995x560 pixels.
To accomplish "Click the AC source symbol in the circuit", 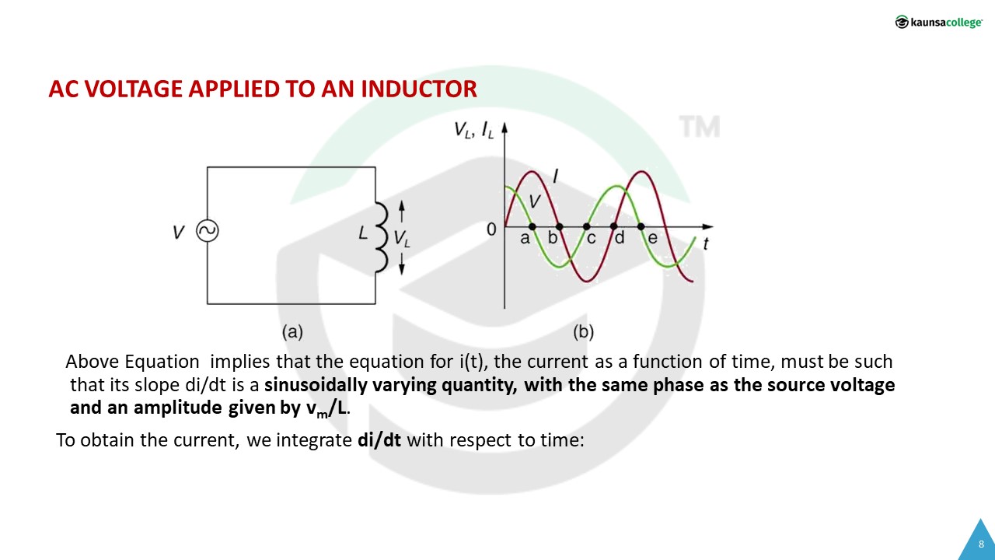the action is coord(208,231).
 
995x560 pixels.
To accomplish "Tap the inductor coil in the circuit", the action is coord(382,236).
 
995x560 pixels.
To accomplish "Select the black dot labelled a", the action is coord(532,226).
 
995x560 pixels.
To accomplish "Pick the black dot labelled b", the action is coord(559,226).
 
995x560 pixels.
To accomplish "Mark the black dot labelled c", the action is coord(586,226).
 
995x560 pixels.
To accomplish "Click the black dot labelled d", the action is coord(613,226).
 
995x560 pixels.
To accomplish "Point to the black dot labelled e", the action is coord(641,226).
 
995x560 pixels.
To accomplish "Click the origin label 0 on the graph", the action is coord(491,229).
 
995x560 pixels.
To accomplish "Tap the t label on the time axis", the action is coord(705,243).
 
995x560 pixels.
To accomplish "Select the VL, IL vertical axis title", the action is coord(474,130).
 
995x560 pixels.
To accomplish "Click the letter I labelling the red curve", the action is coord(555,176).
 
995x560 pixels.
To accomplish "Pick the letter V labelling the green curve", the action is coord(535,201).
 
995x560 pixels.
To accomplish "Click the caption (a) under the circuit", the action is coord(292,332).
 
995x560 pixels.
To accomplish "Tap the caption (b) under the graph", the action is coord(583,332).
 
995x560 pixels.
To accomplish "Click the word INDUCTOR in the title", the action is coord(419,89).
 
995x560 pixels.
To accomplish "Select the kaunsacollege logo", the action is coord(938,22).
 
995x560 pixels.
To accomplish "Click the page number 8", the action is coord(981,544).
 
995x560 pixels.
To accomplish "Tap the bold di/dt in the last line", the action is coord(379,440).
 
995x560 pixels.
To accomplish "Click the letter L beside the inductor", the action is coord(363,233).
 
